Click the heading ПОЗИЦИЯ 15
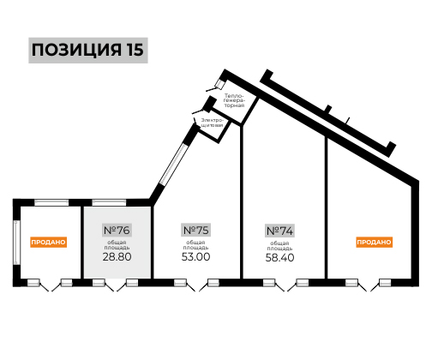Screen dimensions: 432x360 coord(87,50)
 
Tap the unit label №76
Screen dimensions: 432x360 coord(117,230)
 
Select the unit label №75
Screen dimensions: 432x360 coord(195,230)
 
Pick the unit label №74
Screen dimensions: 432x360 coord(279,231)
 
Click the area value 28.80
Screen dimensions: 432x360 coord(117,256)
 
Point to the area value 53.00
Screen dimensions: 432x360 coord(195,256)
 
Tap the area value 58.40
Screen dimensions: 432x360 coord(279,257)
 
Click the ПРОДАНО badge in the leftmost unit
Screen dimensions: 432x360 coord(48,242)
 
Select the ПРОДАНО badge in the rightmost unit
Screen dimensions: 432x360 coord(374,242)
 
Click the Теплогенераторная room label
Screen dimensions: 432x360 coord(234,100)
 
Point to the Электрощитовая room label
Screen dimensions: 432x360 coord(212,123)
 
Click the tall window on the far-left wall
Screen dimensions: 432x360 coord(16,243)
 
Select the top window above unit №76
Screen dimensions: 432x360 coord(109,202)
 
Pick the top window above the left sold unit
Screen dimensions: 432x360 coord(51,202)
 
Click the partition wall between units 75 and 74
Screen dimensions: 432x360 coord(242,202)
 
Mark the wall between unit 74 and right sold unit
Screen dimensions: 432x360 coord(326,207)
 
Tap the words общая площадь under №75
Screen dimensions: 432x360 coord(195,245)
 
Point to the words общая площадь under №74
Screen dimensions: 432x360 coord(279,246)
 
